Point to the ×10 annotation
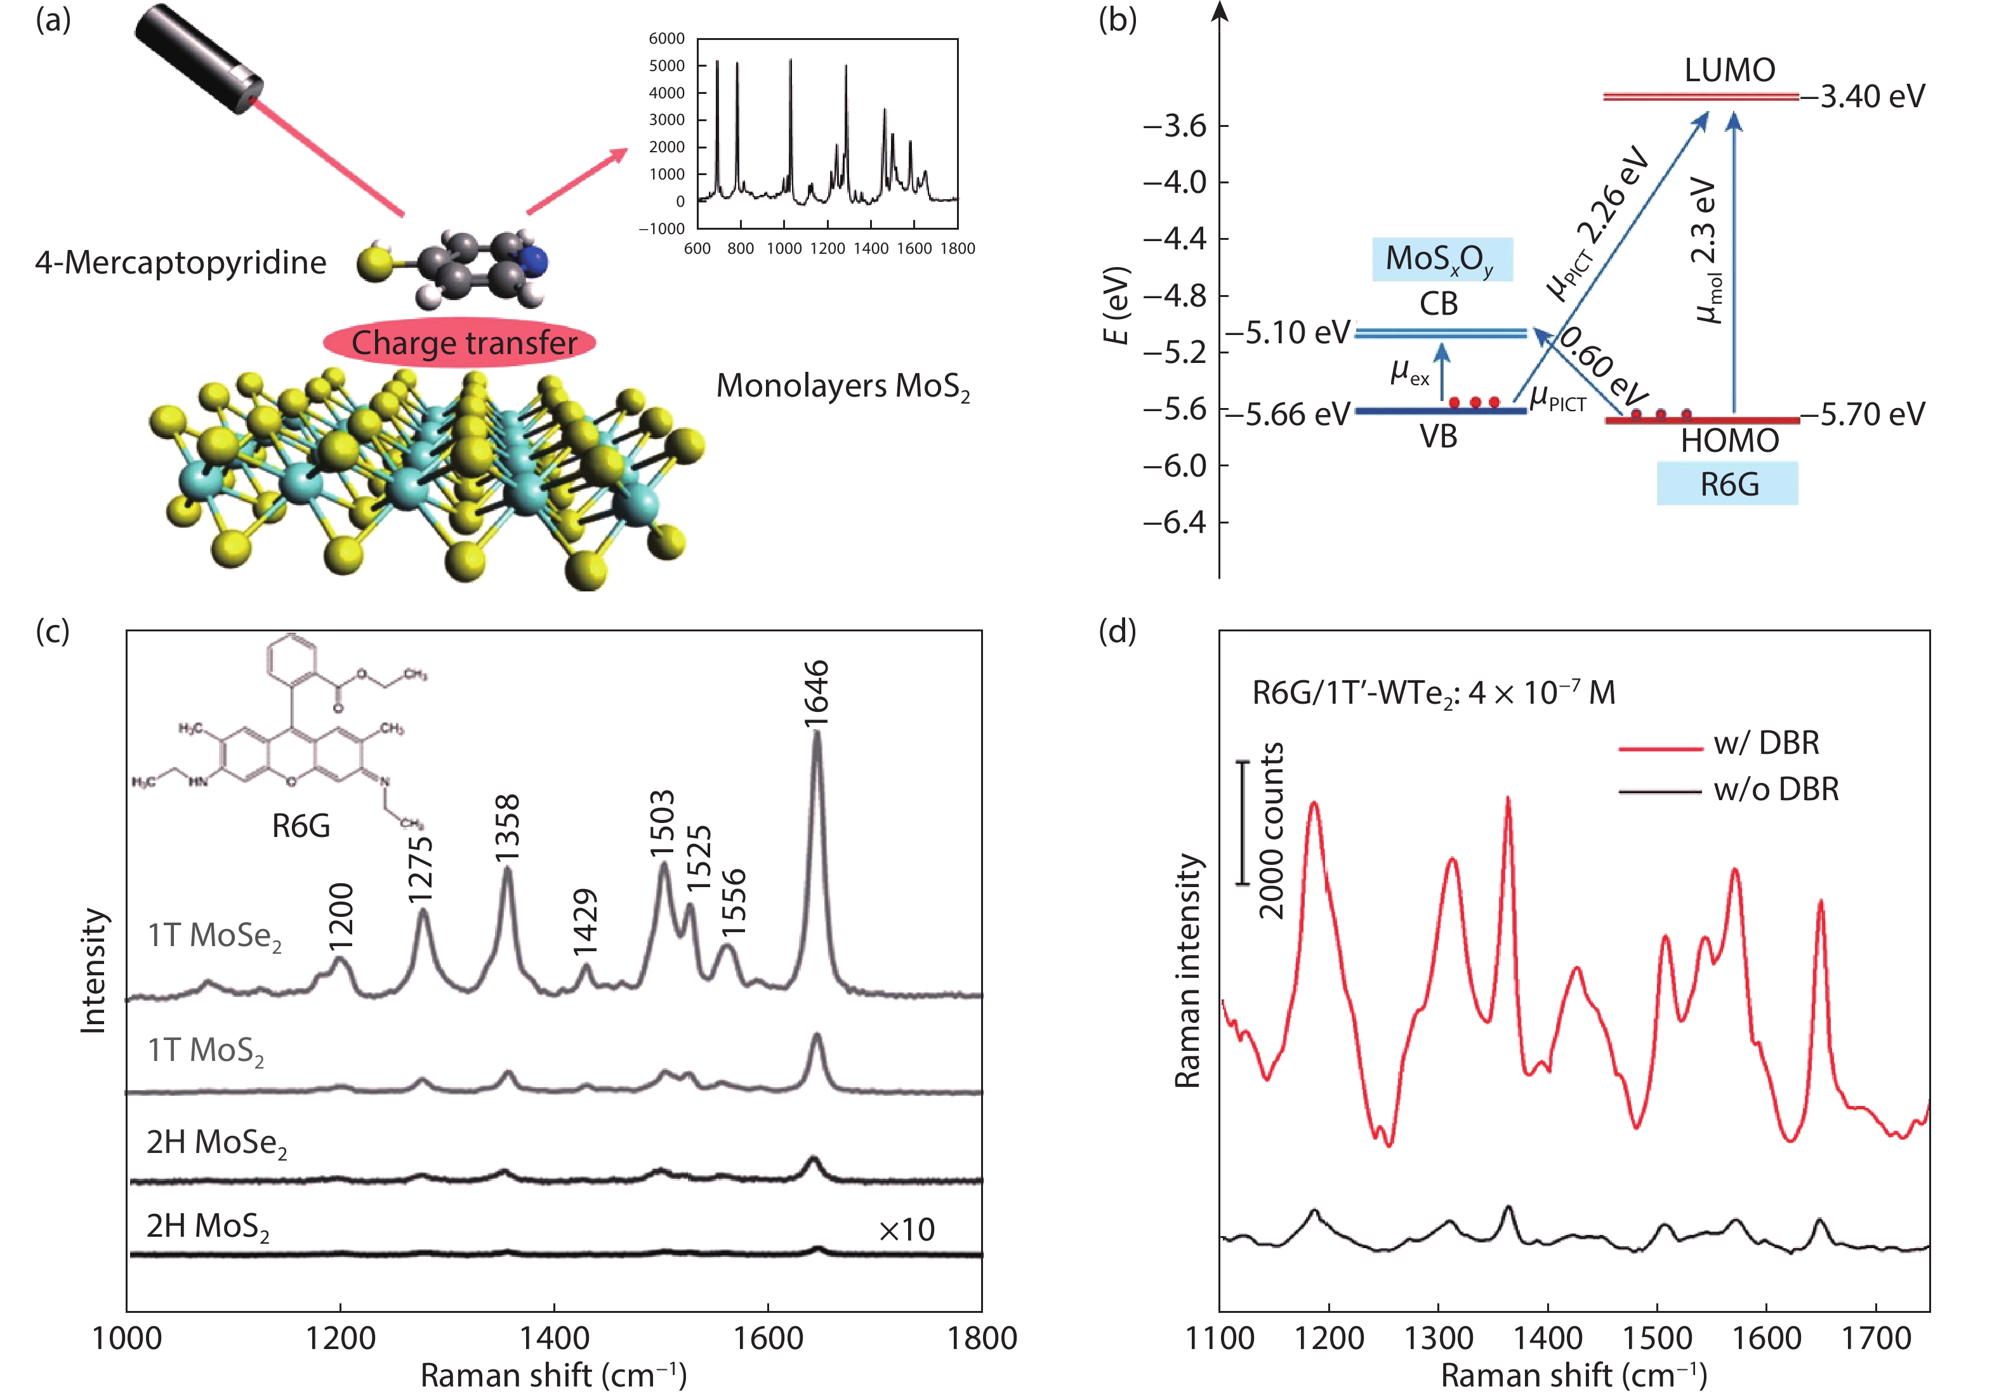906,1230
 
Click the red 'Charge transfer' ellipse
459,342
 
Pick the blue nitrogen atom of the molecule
536,260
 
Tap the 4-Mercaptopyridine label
180,263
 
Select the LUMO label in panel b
1729,70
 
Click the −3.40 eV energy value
1863,96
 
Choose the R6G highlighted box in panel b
1728,484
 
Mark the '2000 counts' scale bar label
1272,830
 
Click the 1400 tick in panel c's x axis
554,1338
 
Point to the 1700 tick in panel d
1875,1338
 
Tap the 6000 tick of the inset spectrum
667,38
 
